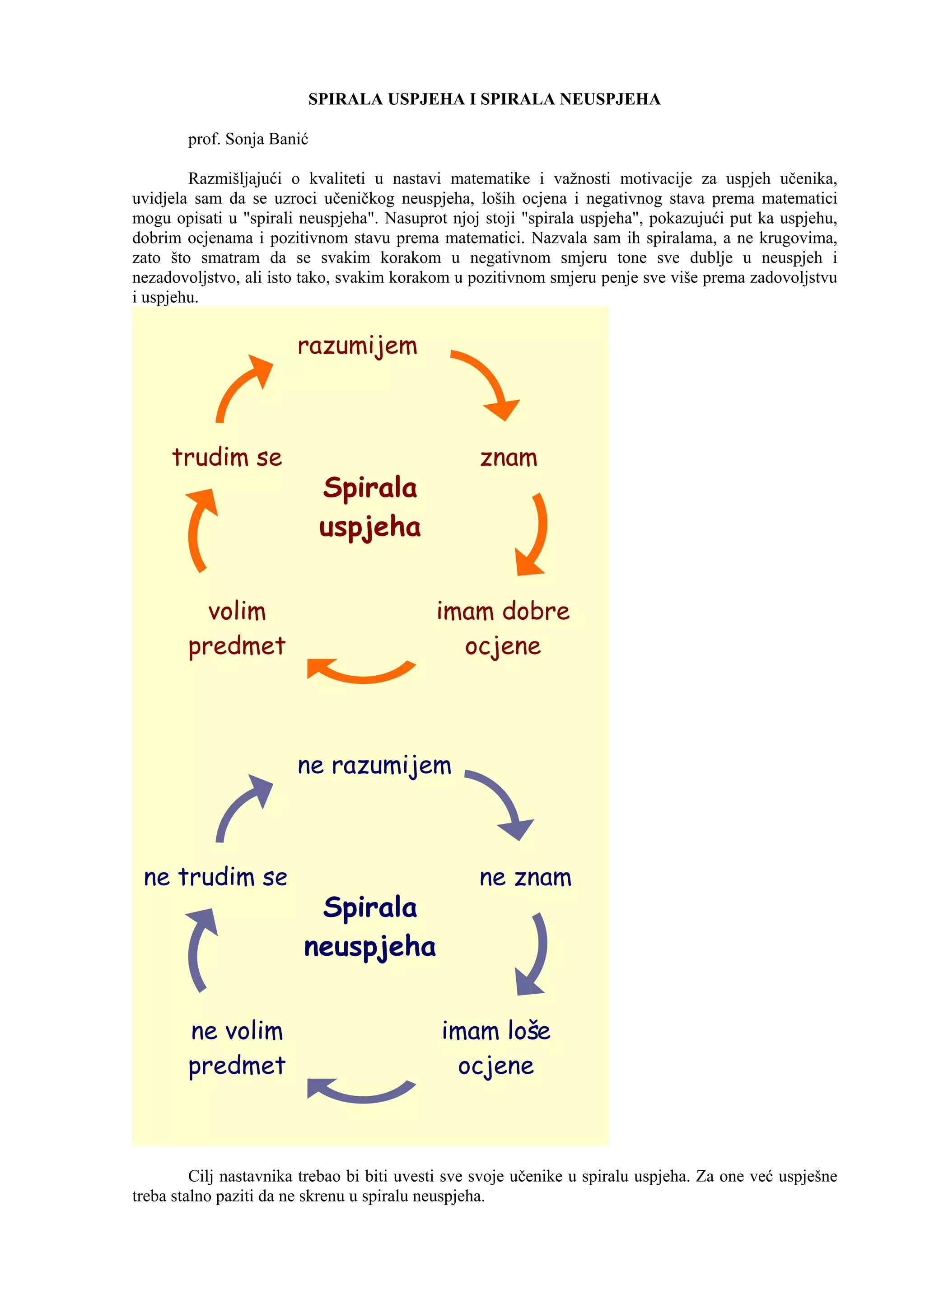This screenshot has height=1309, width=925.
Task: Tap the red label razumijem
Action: click(357, 346)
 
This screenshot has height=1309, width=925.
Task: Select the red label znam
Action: click(509, 458)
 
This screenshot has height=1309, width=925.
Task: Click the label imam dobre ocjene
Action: click(503, 628)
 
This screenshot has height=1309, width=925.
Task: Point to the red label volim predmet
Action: click(237, 629)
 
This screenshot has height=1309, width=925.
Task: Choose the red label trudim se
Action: click(227, 457)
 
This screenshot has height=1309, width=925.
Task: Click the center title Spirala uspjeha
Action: click(370, 507)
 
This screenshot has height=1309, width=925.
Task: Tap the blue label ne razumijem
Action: click(374, 766)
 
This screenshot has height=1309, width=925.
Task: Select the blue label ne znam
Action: click(525, 878)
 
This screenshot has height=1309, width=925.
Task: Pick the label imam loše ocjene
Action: click(496, 1048)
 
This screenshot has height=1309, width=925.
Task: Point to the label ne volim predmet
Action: click(237, 1048)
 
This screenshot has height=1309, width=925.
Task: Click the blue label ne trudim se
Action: click(215, 877)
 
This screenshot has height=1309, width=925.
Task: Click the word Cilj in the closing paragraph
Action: click(201, 1176)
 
